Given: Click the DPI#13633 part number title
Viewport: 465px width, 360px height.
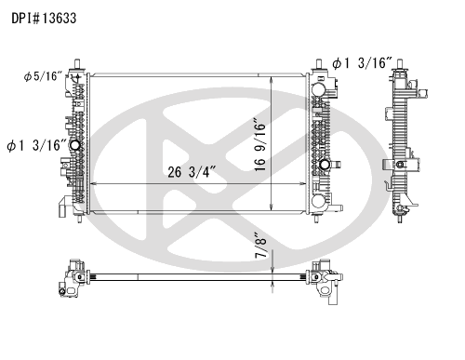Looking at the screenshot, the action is click(44, 19).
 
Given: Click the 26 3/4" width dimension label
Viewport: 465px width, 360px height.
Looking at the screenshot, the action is click(192, 172).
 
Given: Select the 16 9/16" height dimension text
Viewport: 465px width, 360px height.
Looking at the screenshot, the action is click(260, 144).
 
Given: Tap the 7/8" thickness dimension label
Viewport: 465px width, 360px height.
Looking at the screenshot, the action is click(260, 246).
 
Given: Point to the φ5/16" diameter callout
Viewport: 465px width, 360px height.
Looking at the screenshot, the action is click(43, 76).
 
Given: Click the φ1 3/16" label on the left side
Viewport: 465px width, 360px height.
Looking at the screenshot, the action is click(37, 145).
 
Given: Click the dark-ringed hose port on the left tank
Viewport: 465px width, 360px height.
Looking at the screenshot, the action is click(75, 145).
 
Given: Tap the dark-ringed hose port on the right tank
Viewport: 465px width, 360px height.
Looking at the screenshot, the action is click(325, 165).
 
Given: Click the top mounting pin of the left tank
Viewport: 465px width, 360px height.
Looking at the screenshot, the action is click(77, 63).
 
